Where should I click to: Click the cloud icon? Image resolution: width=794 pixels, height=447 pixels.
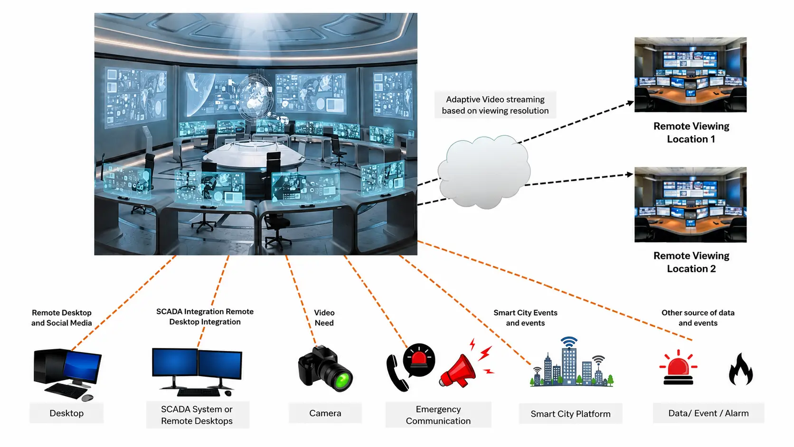click(x=484, y=172)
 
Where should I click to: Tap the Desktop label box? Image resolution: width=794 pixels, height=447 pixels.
click(x=66, y=413)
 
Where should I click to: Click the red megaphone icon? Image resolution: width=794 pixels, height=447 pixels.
click(x=457, y=371)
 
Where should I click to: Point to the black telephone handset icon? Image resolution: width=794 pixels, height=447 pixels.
click(x=396, y=373)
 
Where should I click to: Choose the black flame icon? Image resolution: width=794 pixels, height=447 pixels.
click(x=740, y=369)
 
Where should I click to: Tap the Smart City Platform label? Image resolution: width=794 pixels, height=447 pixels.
click(x=570, y=414)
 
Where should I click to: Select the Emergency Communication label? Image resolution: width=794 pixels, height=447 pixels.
click(x=438, y=415)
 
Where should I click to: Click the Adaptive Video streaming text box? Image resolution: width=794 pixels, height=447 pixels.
click(x=495, y=105)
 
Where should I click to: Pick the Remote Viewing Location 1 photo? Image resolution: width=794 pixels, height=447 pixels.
click(x=690, y=75)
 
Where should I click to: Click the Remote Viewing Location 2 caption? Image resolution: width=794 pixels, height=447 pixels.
click(x=691, y=262)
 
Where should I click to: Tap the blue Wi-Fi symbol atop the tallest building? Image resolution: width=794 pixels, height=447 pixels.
click(x=569, y=342)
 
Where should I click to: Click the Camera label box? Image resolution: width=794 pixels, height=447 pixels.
click(x=325, y=413)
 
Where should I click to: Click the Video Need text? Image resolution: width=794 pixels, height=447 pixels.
click(x=324, y=318)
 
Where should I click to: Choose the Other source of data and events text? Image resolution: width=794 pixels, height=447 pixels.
click(x=698, y=318)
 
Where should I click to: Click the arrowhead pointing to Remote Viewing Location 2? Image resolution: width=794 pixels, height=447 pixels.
click(x=630, y=174)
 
